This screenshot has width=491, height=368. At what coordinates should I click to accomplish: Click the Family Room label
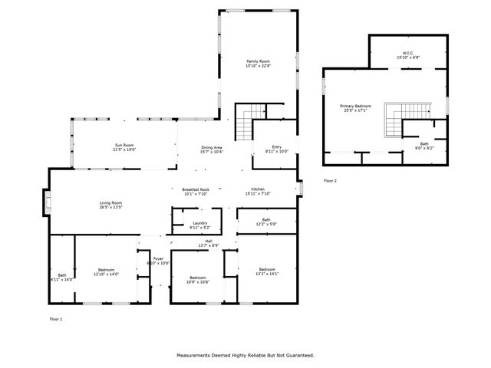[258, 64]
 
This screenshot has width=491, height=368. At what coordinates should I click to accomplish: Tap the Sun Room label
[125, 147]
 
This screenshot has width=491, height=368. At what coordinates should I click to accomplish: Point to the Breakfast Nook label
[196, 192]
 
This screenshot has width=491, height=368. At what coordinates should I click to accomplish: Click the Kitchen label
[258, 192]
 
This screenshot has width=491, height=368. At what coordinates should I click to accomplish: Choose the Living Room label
[110, 205]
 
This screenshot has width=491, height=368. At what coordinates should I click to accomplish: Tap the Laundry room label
[199, 225]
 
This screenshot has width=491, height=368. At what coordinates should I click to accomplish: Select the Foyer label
[158, 261]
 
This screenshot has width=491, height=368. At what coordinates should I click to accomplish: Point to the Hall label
[209, 242]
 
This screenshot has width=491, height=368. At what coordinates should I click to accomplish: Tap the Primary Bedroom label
[356, 107]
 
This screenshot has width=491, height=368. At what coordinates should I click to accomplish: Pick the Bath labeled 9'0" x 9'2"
[423, 146]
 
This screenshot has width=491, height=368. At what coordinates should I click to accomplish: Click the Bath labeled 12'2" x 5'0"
[266, 222]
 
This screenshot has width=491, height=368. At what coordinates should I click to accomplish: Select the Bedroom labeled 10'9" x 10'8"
[198, 280]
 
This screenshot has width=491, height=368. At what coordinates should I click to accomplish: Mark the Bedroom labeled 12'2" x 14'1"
[267, 271]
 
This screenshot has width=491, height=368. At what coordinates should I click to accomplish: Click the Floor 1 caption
[55, 319]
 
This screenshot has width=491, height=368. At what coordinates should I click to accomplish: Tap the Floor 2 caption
[330, 180]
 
